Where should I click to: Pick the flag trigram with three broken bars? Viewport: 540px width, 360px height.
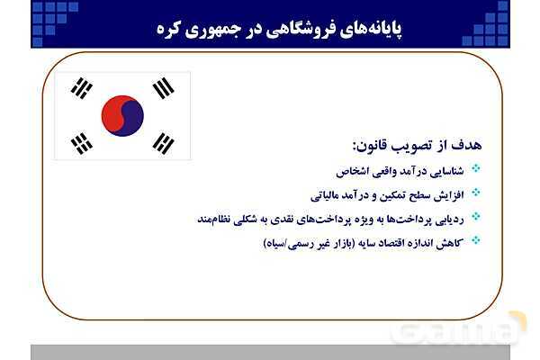pos(163,141)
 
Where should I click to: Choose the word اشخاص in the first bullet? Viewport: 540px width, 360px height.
pos(351,170)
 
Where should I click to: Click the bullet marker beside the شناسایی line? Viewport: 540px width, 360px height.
pos(476,168)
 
